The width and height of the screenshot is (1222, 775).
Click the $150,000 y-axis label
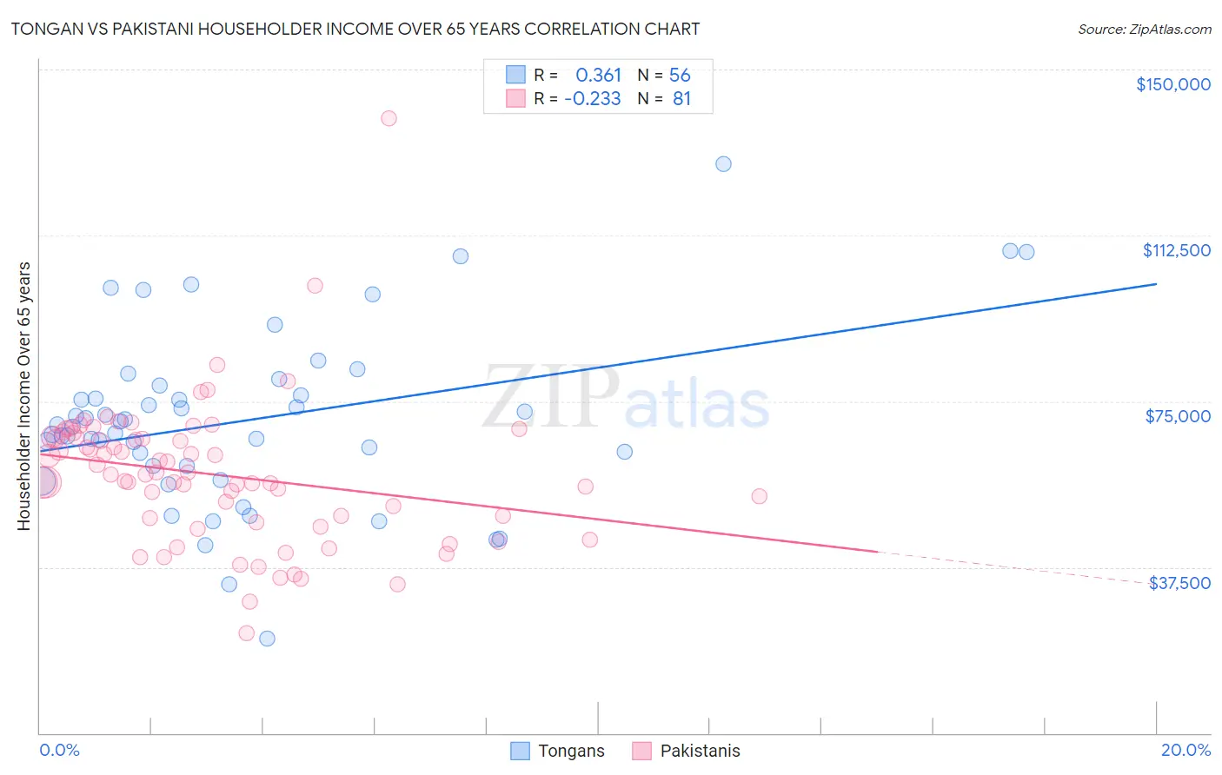click(1172, 84)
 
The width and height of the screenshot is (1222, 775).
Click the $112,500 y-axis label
click(1176, 250)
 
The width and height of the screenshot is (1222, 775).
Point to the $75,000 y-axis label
click(1177, 416)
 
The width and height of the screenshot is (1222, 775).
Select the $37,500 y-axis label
click(1179, 583)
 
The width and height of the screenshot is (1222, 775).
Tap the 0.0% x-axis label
click(59, 750)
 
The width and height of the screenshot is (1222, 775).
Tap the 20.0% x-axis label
click(1185, 750)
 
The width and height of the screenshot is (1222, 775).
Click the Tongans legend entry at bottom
click(570, 751)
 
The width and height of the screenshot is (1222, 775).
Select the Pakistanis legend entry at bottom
click(700, 751)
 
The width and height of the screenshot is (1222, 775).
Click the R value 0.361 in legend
click(598, 76)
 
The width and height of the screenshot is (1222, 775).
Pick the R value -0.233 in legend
click(592, 99)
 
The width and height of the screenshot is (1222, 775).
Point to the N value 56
click(680, 76)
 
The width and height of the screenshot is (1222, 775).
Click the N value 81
click(681, 99)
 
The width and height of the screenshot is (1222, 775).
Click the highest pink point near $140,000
click(389, 118)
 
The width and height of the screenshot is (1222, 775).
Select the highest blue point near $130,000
click(723, 164)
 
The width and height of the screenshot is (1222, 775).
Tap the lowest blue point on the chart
click(268, 639)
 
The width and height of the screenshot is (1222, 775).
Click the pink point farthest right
click(759, 496)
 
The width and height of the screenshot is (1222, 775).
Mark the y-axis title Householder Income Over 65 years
click(24, 396)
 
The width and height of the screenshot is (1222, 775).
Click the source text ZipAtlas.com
click(1144, 30)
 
